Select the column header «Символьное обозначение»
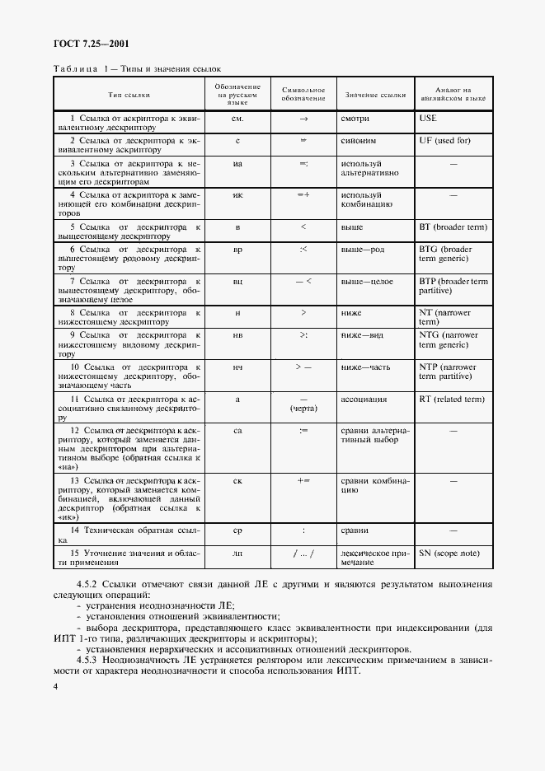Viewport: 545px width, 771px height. (303, 95)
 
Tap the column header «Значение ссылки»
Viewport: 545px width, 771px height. (375, 95)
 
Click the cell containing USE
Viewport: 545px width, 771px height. (428, 118)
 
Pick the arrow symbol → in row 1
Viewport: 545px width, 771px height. (303, 119)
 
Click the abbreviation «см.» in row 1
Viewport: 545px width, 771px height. (237, 119)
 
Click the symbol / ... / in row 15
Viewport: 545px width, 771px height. (303, 554)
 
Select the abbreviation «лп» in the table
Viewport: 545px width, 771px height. (237, 554)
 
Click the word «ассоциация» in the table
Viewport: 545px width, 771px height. (364, 400)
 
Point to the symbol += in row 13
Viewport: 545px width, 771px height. (303, 479)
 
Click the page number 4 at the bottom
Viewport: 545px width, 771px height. (55, 685)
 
